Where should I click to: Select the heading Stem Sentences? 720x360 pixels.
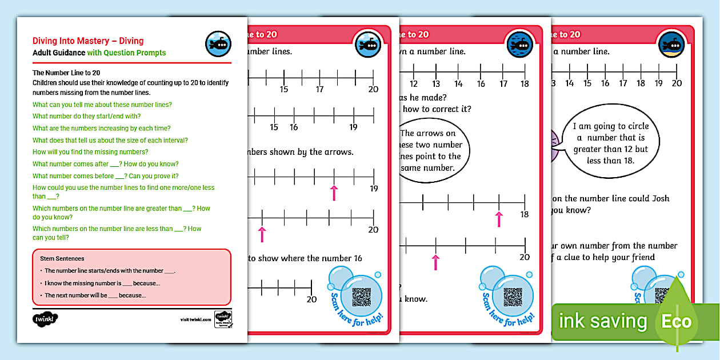point(62,259)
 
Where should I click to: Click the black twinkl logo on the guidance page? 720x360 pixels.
point(46,320)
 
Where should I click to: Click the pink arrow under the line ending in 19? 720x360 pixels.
point(334,192)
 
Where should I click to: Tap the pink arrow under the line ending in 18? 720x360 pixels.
point(499,218)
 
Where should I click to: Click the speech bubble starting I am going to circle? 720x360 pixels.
point(610,143)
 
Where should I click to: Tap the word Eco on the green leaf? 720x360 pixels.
point(677,321)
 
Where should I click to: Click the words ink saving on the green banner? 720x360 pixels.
point(603,321)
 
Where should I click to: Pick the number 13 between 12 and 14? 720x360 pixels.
point(436,84)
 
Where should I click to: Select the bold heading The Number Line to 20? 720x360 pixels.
point(66,73)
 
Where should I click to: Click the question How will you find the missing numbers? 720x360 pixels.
point(90,152)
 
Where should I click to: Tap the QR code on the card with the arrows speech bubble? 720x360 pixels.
point(513,297)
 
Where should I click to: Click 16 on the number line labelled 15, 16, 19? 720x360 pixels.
point(294,127)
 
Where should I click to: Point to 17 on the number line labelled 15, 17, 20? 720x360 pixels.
point(320,89)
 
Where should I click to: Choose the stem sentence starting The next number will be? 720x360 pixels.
point(95,295)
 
